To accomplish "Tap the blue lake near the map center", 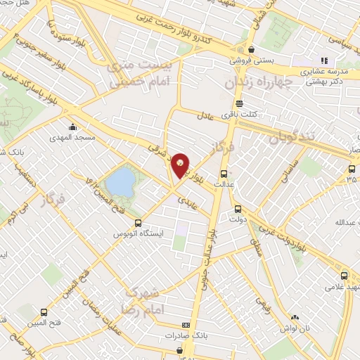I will (122, 181).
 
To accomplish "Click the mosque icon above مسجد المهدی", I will (72, 127).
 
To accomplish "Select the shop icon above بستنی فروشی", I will (251, 49).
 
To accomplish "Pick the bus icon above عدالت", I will (224, 173).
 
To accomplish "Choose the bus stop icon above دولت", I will (237, 208).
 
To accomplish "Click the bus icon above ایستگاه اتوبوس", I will (138, 222).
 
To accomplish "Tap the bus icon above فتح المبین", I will (44, 311).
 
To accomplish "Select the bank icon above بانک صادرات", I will (186, 325).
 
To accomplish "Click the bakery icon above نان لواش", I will (295, 318).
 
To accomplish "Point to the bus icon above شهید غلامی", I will (344, 275).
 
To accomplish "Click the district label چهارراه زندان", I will (257, 83).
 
